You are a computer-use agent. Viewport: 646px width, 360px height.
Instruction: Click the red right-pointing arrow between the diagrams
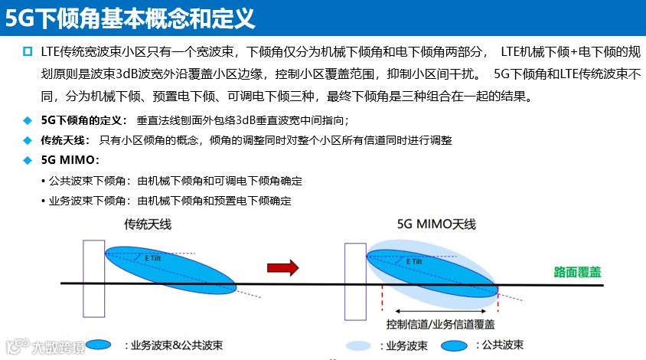[282, 267]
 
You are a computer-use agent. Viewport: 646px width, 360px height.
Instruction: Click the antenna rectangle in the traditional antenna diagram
[93, 278]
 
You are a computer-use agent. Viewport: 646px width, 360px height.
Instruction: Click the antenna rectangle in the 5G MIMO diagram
[355, 280]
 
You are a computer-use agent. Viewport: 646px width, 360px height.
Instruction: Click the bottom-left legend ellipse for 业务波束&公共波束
[99, 345]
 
